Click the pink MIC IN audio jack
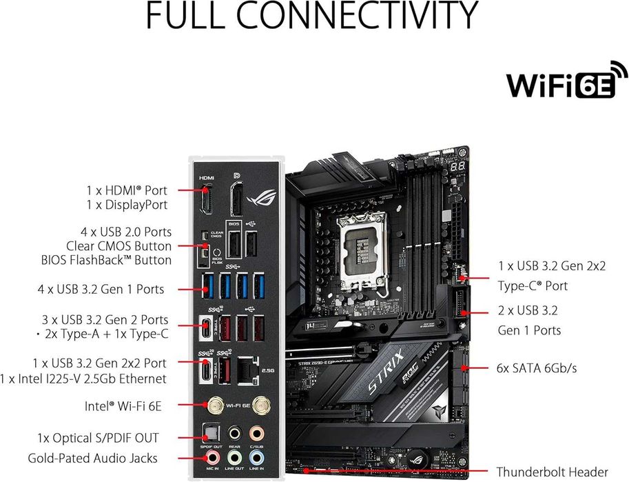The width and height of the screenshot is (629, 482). point(214,457)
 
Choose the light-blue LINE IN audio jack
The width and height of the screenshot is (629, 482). point(257,457)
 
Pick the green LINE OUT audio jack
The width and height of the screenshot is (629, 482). point(235,457)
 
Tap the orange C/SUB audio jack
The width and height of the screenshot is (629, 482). point(257,433)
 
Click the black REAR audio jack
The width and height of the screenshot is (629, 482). point(235,433)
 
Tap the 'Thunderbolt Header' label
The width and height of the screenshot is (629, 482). point(553,472)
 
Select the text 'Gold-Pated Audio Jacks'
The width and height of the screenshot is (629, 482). point(93,458)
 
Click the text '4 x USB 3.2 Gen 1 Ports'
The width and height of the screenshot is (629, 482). point(101,288)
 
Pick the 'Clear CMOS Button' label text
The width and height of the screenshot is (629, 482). point(118,246)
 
